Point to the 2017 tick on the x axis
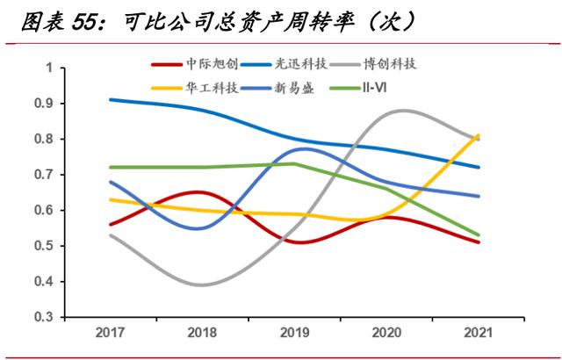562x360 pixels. tap(109, 334)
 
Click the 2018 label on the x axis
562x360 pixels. tap(202, 334)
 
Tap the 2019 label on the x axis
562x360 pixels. tap(294, 334)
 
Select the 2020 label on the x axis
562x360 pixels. tap(386, 334)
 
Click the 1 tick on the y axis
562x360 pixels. tap(50, 68)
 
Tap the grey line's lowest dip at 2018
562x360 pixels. tap(201, 284)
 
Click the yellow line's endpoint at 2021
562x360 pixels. tap(479, 135)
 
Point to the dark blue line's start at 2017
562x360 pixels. tap(109, 99)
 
